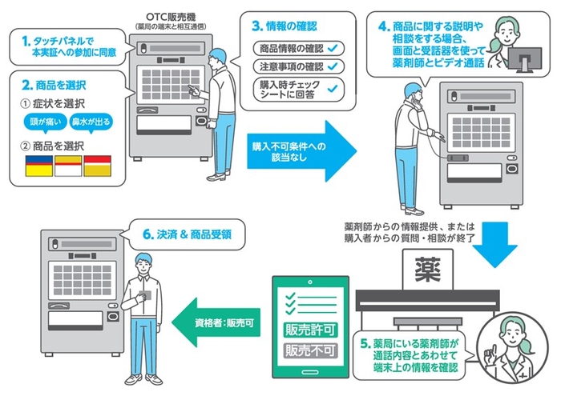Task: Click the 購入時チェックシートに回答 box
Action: (293, 86)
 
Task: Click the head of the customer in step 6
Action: (142, 261)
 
